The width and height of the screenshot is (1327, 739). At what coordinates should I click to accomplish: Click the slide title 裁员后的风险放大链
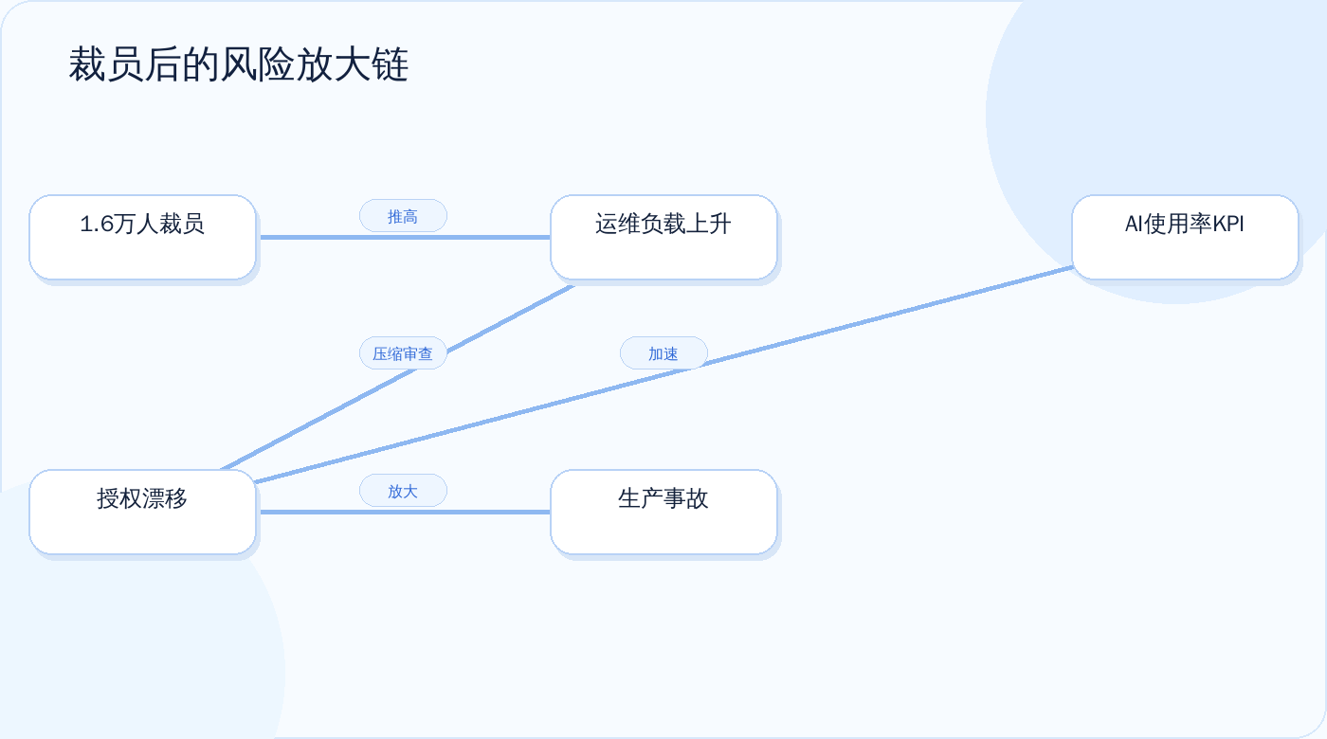tap(238, 64)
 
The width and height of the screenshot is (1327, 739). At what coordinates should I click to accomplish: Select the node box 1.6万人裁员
tap(142, 237)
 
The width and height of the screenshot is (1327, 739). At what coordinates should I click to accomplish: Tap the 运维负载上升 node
tap(663, 237)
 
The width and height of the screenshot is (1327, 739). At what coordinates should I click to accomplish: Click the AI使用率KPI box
tap(1185, 237)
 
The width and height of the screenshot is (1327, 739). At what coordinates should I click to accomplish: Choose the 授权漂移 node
tap(142, 512)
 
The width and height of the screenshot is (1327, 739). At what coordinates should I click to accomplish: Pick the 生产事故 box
tap(663, 512)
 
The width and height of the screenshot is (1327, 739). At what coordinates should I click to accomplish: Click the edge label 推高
tap(403, 216)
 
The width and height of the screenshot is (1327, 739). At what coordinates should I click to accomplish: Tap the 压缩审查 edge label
tap(403, 353)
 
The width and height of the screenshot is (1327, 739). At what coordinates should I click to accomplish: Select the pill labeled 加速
tap(663, 353)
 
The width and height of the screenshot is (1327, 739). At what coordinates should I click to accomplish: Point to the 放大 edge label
tap(403, 491)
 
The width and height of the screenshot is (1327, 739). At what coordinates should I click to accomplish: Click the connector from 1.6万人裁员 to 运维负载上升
tap(406, 237)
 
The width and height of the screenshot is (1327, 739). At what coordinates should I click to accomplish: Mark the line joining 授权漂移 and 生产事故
tap(406, 512)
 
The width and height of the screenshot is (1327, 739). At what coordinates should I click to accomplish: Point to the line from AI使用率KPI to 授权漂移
tap(664, 375)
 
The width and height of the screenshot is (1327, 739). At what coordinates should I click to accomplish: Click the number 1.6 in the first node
tap(97, 225)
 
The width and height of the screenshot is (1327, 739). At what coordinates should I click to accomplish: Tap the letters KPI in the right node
tap(1228, 225)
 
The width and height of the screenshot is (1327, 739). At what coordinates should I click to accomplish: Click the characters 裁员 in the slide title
tap(105, 64)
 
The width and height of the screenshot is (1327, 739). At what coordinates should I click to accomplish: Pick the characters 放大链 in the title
tap(352, 64)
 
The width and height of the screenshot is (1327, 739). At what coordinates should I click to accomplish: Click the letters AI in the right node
tap(1134, 225)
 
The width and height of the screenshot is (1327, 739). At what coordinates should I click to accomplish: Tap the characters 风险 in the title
tap(257, 64)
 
